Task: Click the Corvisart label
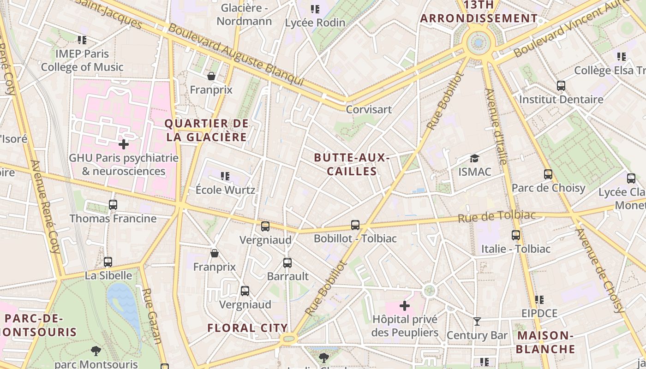369,109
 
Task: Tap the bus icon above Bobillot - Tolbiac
355,225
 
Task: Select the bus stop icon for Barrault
287,263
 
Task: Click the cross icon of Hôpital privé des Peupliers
404,306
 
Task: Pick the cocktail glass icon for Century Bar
477,321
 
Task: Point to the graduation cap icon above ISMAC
474,159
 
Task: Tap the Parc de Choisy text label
548,188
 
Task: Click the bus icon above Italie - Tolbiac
516,235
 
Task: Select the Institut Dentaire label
561,100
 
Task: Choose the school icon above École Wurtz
225,176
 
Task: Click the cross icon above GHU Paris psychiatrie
124,144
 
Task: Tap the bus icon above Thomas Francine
113,204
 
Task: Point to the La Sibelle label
108,276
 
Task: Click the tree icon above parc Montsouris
96,351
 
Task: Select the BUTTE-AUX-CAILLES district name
352,164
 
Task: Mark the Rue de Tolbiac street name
496,216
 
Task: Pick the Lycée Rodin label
315,22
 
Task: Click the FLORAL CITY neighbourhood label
247,328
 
